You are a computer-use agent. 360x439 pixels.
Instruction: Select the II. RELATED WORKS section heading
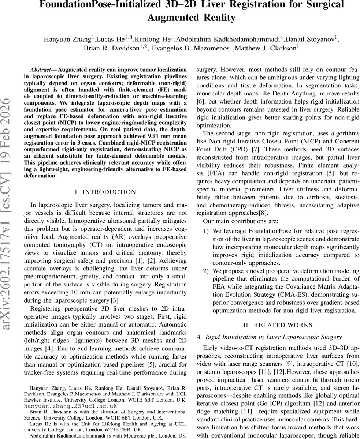[278, 325]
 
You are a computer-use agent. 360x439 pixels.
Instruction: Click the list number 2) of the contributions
[206, 271]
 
